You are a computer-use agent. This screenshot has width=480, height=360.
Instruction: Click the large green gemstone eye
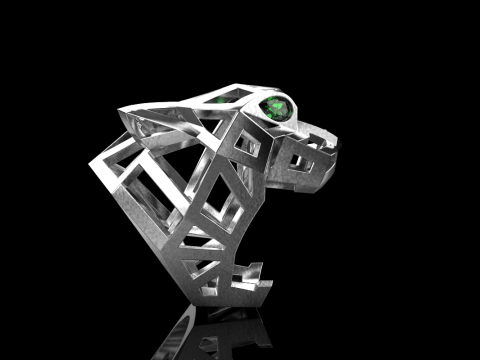pos(277,109)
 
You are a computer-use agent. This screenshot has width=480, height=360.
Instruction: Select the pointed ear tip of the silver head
pos(122,113)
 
